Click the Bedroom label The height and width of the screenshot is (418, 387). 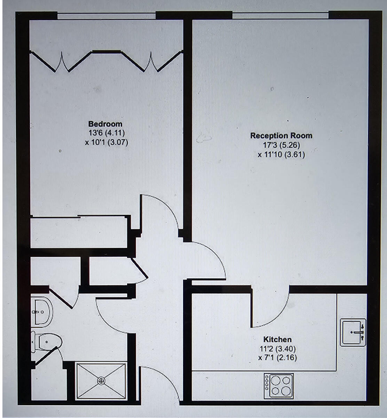105,124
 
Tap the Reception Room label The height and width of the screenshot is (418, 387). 281,136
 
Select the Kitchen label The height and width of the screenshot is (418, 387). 277,339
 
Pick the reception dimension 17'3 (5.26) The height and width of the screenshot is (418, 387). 282,145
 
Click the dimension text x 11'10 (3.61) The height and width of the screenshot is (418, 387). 282,154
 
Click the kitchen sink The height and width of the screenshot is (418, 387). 353,332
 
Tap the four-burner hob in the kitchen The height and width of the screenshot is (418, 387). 278,386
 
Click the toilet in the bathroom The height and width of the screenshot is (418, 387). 48,342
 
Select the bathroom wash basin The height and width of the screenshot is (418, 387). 41,312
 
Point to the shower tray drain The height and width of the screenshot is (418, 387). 101,381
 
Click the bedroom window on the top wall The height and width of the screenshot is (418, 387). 106,15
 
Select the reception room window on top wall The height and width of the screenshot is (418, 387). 280,15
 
